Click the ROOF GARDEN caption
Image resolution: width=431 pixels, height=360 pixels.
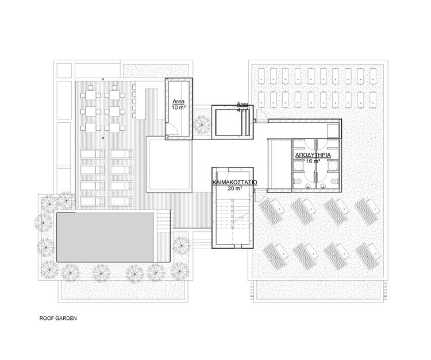click(57, 317)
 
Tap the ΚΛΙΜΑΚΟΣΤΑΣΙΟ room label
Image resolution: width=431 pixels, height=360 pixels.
click(233, 181)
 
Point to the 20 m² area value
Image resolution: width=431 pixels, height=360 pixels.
click(233, 188)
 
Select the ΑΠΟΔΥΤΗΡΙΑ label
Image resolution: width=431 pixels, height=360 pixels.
click(312, 156)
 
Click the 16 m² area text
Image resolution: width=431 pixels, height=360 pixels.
click(312, 162)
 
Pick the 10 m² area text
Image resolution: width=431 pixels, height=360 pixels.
click(178, 107)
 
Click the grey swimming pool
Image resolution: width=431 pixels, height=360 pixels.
click(106, 237)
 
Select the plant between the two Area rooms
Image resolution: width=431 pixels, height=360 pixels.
click(202, 123)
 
